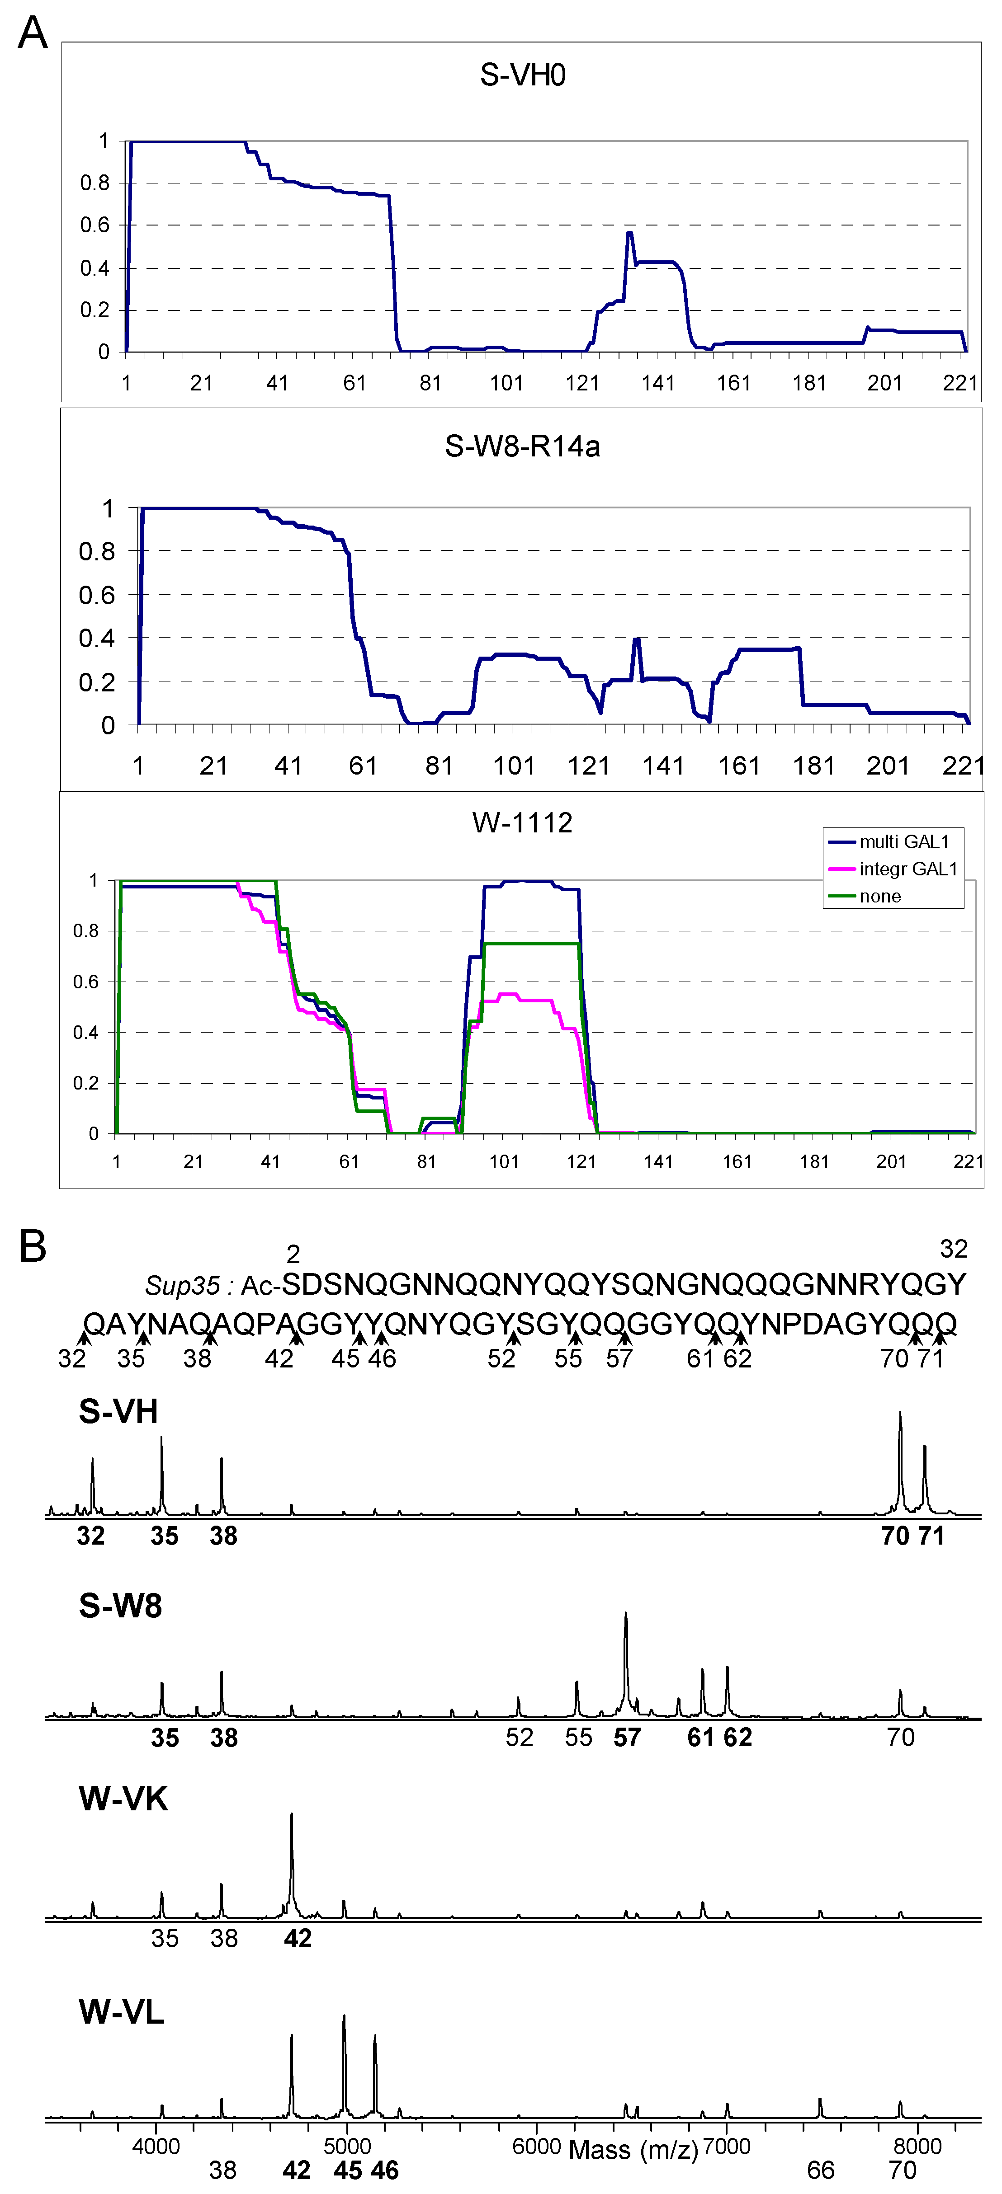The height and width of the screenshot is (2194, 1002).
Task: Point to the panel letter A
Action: pos(33,34)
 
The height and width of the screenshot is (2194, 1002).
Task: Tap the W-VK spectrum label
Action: pos(123,1799)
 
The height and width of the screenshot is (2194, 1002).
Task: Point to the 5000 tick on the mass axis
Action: pos(347,2146)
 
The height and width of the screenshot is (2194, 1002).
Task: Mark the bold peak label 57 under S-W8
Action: pos(627,1738)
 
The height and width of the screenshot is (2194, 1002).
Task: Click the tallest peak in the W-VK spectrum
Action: pos(291,1840)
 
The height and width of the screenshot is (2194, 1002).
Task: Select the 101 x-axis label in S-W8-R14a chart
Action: pos(514,766)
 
